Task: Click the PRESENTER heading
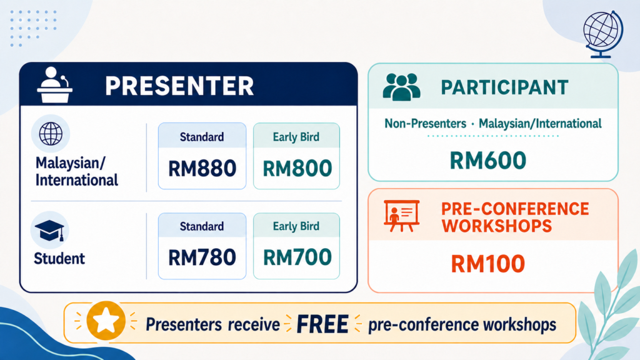(x=179, y=86)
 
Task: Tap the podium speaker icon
(x=55, y=85)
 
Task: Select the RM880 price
(x=202, y=168)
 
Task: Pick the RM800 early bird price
(x=297, y=168)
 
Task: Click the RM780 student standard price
(x=202, y=257)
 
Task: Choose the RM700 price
(x=297, y=257)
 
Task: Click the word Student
(x=59, y=258)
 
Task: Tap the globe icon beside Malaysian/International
(x=51, y=134)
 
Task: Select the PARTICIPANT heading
(x=504, y=87)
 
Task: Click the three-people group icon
(x=401, y=87)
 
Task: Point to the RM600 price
(x=487, y=160)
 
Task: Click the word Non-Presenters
(x=425, y=123)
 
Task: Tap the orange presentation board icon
(x=402, y=216)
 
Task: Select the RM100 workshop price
(x=487, y=263)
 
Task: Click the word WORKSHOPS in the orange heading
(x=497, y=226)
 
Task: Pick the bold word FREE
(x=322, y=324)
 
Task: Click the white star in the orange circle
(x=106, y=321)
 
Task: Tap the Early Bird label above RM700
(x=296, y=226)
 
